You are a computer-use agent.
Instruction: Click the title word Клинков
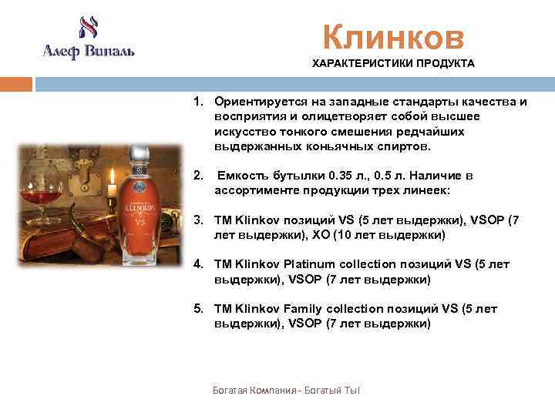click(393, 36)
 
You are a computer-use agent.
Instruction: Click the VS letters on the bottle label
click(140, 219)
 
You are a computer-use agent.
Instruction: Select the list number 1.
click(198, 102)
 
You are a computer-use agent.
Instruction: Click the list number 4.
click(198, 264)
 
